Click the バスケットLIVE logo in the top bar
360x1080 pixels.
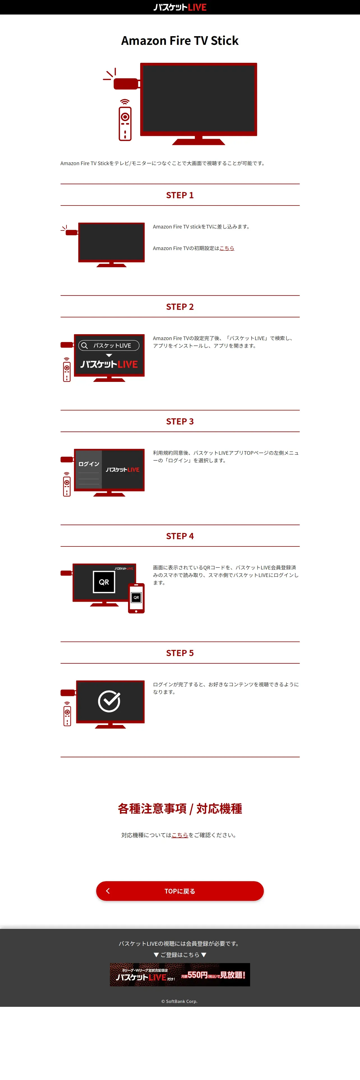pyautogui.click(x=180, y=7)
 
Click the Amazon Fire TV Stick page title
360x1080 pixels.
pyautogui.click(x=180, y=41)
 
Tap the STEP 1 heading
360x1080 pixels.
pyautogui.click(x=180, y=195)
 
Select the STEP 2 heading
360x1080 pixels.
pyautogui.click(x=180, y=306)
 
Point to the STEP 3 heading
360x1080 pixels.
pyautogui.click(x=180, y=421)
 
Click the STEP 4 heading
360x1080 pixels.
pyautogui.click(x=180, y=536)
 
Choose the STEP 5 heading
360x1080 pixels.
pyautogui.click(x=180, y=653)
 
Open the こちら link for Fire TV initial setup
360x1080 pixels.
pyautogui.click(x=227, y=248)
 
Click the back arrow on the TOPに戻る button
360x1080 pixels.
pyautogui.click(x=108, y=891)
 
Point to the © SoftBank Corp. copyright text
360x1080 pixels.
pyautogui.click(x=179, y=1001)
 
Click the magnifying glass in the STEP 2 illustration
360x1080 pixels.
pyautogui.click(x=84, y=345)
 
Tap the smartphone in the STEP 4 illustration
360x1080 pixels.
pyautogui.click(x=136, y=598)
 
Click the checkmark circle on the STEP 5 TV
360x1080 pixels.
pyautogui.click(x=109, y=701)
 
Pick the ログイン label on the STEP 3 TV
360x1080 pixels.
pyautogui.click(x=89, y=464)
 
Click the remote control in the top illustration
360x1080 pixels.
pyautogui.click(x=125, y=124)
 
